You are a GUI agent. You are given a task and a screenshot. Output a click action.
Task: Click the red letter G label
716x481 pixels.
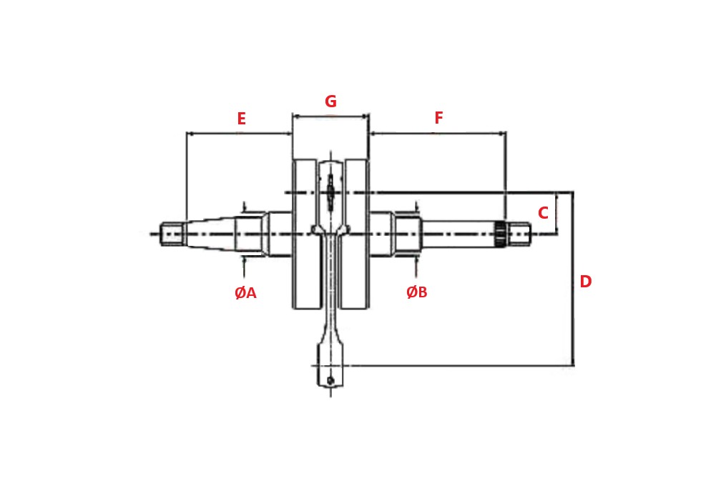330,102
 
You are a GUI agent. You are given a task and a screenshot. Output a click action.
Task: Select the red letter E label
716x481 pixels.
241,119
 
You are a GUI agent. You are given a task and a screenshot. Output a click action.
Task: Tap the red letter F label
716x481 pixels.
438,119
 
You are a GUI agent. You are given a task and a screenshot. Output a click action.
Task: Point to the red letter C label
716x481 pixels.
543,214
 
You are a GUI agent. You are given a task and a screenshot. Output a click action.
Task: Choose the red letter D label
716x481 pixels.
585,282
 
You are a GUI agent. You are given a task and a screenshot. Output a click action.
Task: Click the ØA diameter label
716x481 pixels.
245,293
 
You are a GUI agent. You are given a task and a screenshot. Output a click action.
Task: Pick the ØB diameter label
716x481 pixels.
416,292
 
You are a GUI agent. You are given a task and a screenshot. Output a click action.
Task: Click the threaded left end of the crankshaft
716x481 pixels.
172,234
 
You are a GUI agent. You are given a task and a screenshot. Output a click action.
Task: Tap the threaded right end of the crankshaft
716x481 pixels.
520,234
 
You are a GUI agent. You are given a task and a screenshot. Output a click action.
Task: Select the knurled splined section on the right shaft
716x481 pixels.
500,234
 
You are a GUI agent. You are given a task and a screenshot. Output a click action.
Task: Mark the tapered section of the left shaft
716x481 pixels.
211,234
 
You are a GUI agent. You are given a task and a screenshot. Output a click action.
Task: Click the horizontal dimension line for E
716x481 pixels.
239,133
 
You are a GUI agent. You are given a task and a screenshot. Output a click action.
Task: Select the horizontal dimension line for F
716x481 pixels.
437,133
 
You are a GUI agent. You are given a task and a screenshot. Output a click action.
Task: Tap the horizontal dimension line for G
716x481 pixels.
330,116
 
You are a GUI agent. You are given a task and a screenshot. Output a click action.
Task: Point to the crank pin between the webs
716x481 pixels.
330,192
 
